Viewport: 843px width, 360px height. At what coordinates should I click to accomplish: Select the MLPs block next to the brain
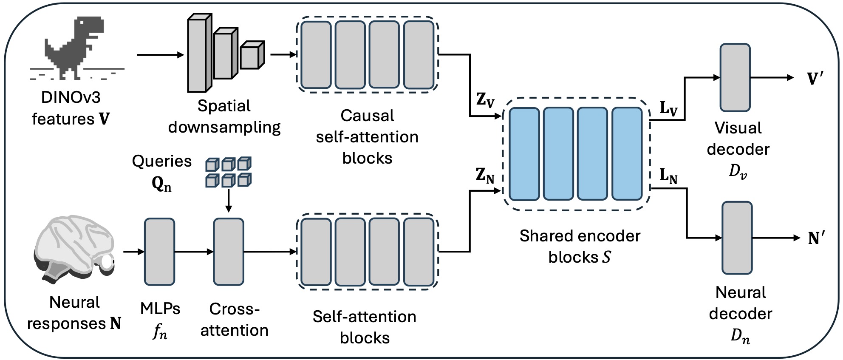159,252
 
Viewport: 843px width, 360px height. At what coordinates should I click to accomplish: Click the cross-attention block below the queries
229,252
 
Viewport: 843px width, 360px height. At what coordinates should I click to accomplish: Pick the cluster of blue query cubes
229,172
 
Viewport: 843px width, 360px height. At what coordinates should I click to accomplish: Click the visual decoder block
735,77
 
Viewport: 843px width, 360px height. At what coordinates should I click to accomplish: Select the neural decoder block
737,238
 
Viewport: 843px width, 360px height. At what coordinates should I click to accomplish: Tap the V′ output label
815,79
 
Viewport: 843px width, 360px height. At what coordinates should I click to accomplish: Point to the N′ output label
816,238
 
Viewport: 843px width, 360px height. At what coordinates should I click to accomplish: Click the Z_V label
485,100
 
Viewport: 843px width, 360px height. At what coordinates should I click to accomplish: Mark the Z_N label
485,175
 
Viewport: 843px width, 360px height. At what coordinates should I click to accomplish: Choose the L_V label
668,108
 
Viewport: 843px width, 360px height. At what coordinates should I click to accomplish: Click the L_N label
668,176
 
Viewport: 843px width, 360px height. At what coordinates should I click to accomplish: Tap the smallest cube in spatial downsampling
252,55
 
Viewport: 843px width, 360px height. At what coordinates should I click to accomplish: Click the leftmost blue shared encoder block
524,153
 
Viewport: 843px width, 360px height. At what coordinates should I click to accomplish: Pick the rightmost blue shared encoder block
627,153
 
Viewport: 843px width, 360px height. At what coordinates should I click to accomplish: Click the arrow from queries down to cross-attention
229,200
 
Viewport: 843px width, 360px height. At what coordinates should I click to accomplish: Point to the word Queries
161,161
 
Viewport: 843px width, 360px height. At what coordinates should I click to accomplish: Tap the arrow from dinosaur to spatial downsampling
160,55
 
